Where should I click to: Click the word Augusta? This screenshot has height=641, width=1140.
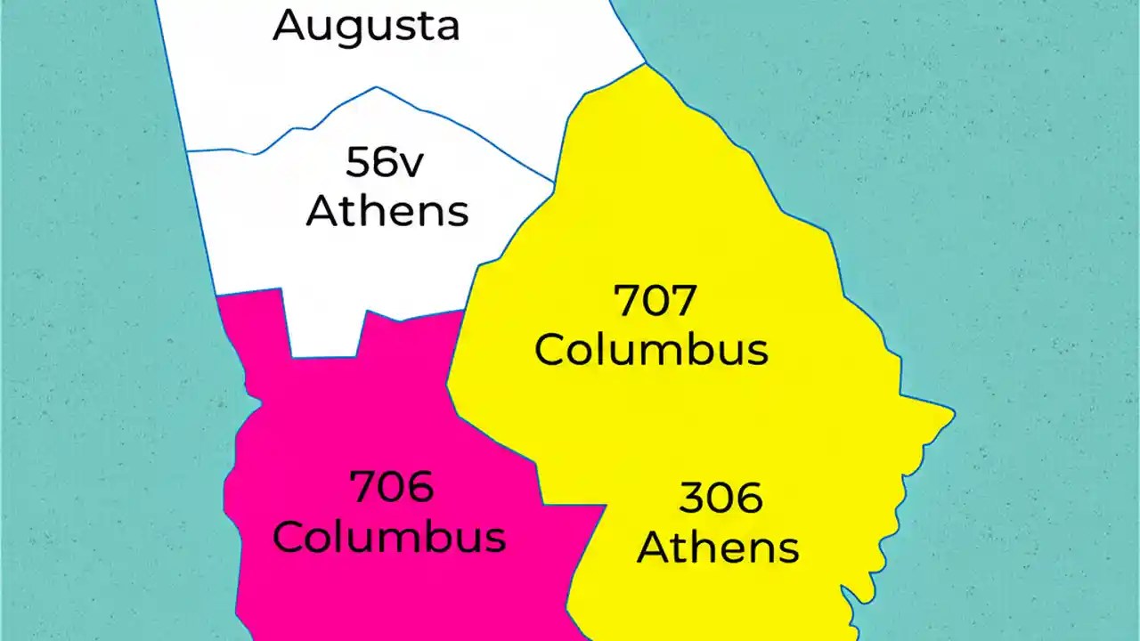click(x=366, y=26)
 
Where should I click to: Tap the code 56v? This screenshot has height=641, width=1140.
click(x=387, y=164)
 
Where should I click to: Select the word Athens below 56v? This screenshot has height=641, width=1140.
click(x=387, y=212)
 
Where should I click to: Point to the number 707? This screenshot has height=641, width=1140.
click(x=655, y=302)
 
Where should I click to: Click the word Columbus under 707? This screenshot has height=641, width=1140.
click(x=651, y=350)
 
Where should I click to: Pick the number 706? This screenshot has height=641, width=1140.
click(x=391, y=488)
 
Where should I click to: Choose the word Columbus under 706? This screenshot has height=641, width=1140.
click(x=389, y=537)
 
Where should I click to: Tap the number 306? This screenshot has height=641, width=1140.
click(x=721, y=499)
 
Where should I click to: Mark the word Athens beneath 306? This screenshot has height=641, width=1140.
click(x=718, y=547)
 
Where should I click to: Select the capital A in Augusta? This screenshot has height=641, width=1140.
click(x=290, y=25)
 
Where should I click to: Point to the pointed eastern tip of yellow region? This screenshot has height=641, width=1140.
click(x=952, y=413)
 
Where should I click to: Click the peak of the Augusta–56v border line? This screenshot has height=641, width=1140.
click(x=377, y=87)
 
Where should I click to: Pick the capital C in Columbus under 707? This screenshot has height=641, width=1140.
click(x=554, y=350)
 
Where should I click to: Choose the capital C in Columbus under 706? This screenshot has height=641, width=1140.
click(x=292, y=537)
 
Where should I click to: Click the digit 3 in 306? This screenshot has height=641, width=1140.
click(x=693, y=499)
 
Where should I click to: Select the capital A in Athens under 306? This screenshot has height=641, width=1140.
click(x=655, y=547)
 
